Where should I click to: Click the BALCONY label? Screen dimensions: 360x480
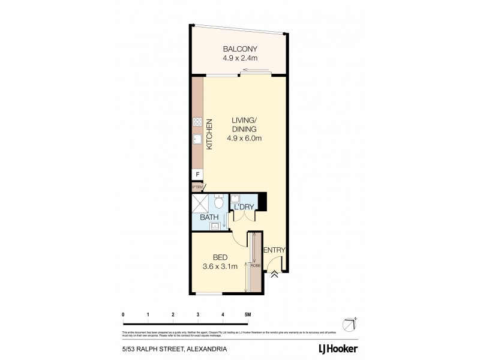[x=240, y=49]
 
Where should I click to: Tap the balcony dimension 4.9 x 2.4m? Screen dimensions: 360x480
[x=240, y=59]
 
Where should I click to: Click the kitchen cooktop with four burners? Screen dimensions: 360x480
[x=197, y=122]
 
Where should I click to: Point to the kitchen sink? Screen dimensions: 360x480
[x=197, y=140]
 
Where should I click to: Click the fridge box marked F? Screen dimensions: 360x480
[x=197, y=175]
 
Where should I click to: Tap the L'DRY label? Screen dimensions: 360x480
[x=244, y=207]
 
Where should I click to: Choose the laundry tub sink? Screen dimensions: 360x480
[x=236, y=198]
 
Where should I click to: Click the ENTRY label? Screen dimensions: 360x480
[x=274, y=251]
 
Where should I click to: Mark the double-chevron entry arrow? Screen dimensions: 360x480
[x=274, y=274]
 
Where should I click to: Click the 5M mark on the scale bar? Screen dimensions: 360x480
[x=247, y=314]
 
